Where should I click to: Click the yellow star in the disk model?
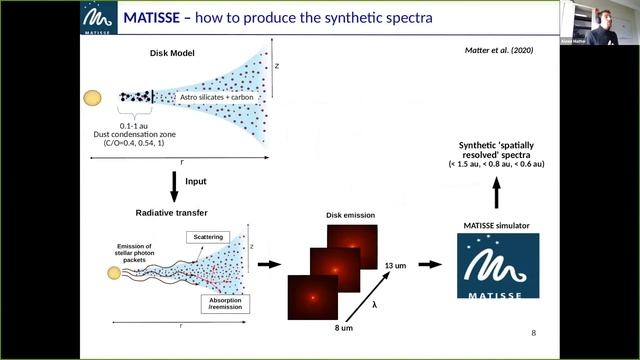pyautogui.click(x=92, y=98)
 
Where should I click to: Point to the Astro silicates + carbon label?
pyautogui.click(x=219, y=98)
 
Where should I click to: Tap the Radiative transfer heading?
pyautogui.click(x=172, y=214)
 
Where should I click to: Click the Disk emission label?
pyautogui.click(x=349, y=215)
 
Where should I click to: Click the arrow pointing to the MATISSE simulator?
pyautogui.click(x=430, y=265)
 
